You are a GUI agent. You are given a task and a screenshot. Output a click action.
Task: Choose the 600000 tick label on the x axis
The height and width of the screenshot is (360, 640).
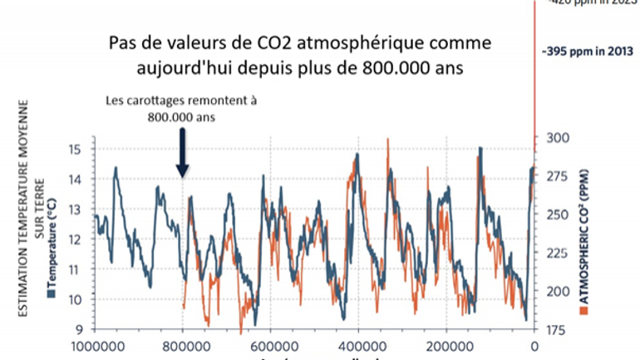tap(272, 346)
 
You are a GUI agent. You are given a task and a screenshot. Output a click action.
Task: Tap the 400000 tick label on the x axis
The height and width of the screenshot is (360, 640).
tap(360, 346)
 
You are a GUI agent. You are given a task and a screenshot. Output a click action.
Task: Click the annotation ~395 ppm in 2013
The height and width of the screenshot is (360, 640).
tap(582, 52)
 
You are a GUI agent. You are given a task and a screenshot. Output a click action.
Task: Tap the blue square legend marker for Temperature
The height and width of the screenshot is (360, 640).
tap(51, 293)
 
